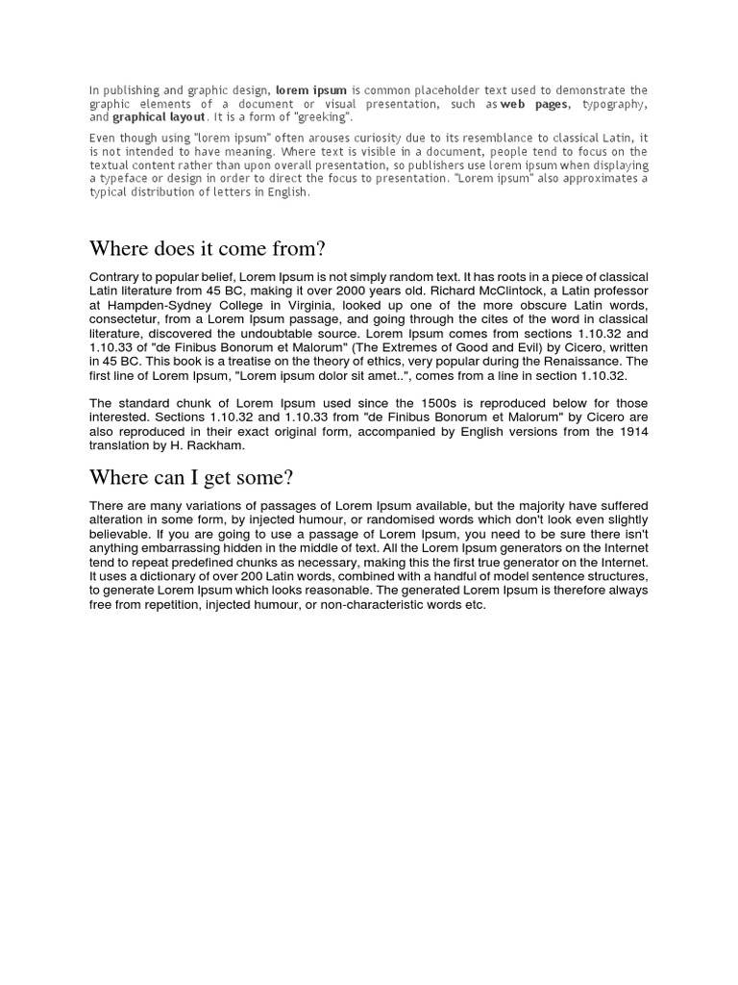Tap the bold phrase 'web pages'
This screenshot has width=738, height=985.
(x=535, y=104)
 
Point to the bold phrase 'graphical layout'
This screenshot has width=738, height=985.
(x=159, y=117)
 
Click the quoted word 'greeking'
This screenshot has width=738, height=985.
(x=322, y=117)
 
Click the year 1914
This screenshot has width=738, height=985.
(x=632, y=431)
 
